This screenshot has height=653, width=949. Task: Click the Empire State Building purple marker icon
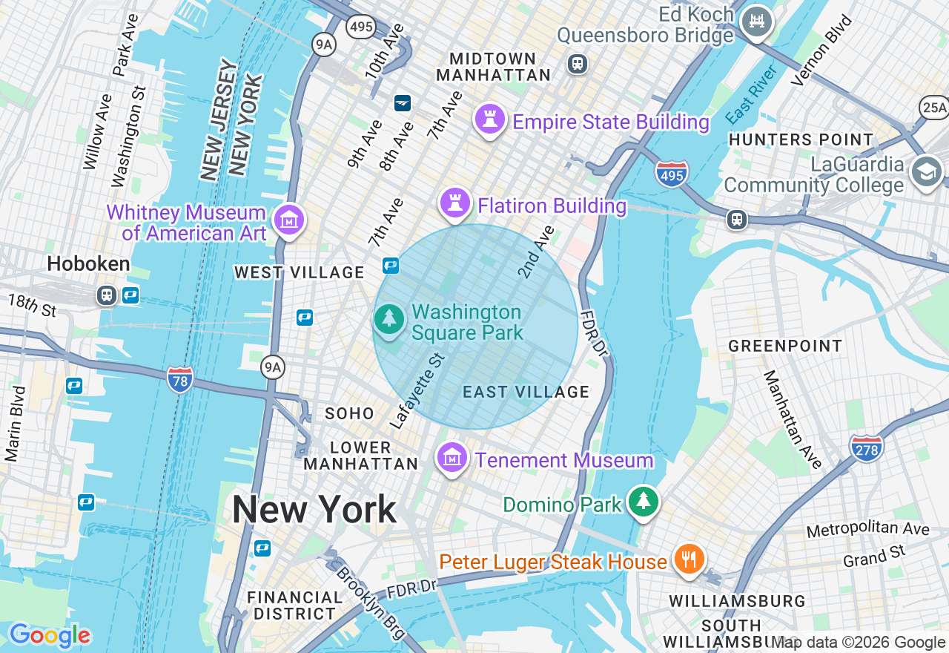coord(489,120)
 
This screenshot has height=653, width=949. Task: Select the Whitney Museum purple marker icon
coord(289,220)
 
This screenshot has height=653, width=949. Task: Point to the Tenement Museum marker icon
coord(452,459)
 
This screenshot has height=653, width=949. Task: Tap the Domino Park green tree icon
coord(644,502)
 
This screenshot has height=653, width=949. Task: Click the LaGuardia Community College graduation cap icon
coord(927,172)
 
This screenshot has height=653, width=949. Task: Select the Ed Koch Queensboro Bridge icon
coord(757,21)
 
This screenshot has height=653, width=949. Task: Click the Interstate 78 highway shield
coord(180,379)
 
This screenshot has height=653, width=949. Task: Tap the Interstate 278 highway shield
coord(867,447)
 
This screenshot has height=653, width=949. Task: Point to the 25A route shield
coord(933,108)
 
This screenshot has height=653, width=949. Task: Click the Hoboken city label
coord(88,263)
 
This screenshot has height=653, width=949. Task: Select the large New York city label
coord(314,510)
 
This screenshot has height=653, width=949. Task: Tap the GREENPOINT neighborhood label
coord(785,346)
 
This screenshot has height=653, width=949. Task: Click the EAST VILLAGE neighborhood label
coord(526,392)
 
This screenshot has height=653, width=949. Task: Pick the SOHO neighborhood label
coord(349,414)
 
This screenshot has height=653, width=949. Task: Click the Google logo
coord(50,635)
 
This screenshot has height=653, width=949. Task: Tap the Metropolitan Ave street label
coord(867,530)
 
